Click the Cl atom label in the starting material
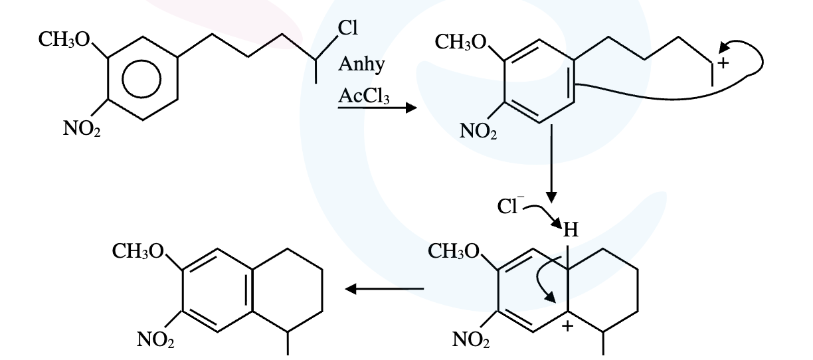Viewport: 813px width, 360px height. click(347, 28)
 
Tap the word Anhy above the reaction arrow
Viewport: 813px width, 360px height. click(361, 64)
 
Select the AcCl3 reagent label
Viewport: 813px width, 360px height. click(364, 96)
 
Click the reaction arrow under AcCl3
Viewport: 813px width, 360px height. click(377, 108)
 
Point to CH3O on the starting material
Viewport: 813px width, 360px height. click(64, 39)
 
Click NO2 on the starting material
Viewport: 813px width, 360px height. click(82, 128)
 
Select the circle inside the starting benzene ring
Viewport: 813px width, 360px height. click(141, 79)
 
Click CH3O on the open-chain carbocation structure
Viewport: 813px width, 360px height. click(460, 42)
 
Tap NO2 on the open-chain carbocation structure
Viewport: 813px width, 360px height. click(478, 131)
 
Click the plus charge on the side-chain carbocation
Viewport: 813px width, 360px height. click(723, 63)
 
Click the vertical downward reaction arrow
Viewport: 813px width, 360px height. click(551, 163)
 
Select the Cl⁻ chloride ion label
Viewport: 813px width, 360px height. click(510, 206)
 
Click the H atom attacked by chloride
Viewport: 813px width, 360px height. click(570, 230)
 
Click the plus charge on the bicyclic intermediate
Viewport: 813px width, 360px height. click(567, 326)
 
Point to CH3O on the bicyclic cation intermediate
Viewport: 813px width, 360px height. click(454, 251)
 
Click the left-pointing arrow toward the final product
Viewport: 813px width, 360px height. click(385, 289)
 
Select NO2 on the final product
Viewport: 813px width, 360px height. click(155, 340)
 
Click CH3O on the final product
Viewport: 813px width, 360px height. click(138, 251)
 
